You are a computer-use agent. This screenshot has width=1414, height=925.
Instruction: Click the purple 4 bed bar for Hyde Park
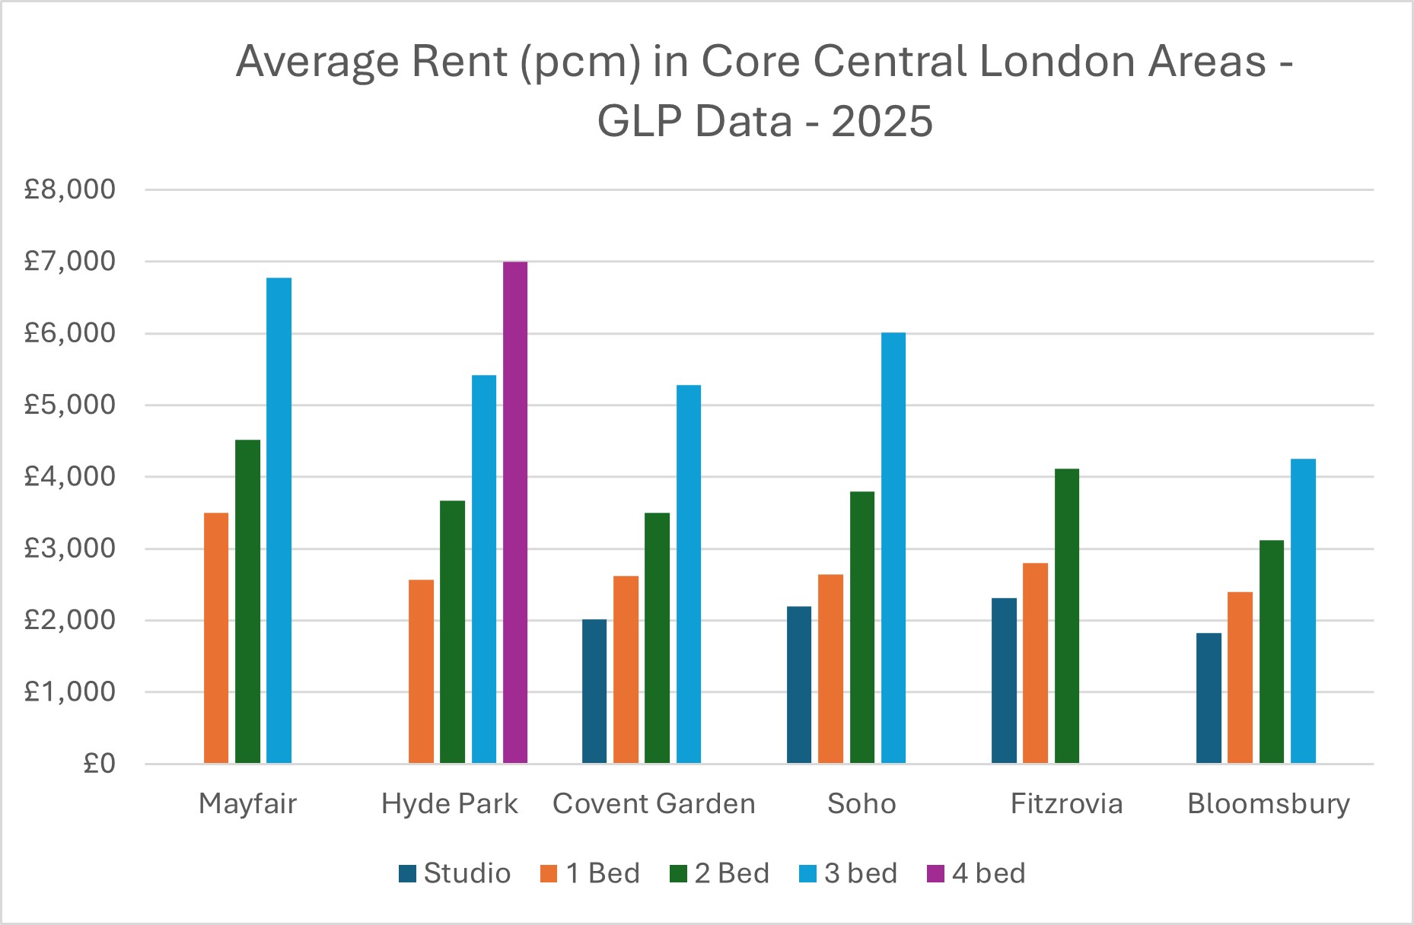[515, 513]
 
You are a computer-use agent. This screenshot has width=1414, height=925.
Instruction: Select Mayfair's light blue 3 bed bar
[279, 520]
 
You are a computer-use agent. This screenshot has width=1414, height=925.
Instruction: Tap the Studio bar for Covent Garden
[594, 691]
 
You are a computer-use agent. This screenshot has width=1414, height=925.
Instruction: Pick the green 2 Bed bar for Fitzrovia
[1066, 616]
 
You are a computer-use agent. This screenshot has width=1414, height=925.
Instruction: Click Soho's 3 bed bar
[893, 548]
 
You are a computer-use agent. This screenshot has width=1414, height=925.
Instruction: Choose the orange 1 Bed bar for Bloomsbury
[1240, 677]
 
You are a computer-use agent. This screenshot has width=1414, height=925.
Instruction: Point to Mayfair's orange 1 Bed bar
[216, 638]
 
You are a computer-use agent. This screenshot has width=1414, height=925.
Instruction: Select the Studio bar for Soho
[799, 685]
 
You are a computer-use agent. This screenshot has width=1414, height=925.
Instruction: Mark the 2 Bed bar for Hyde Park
[452, 631]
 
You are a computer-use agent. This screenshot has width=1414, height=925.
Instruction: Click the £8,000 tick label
[70, 189]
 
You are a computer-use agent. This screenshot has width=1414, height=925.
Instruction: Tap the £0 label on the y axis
[99, 764]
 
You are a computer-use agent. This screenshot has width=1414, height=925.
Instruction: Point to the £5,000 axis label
[70, 405]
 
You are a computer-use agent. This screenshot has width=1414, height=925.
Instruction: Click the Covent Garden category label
[654, 804]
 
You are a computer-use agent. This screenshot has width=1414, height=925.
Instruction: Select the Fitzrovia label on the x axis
[1066, 804]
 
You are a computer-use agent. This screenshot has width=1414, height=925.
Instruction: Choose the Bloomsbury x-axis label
[1269, 804]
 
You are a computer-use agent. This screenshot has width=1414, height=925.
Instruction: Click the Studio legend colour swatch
[408, 873]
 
